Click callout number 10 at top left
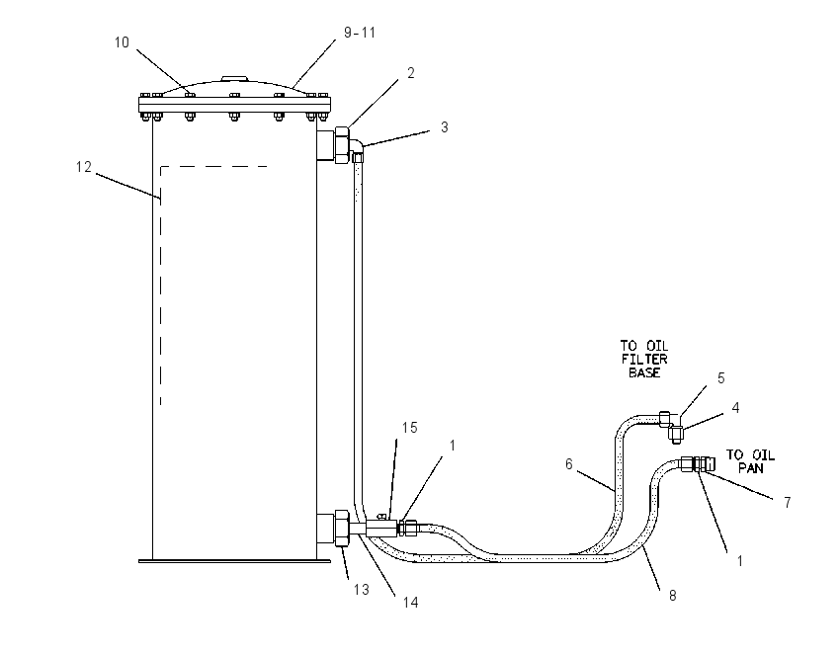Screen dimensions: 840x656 [122, 42]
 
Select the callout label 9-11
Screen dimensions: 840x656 [360, 33]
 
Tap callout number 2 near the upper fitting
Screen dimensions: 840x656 [411, 73]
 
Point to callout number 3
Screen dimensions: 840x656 [444, 127]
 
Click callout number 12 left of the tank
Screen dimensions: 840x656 [84, 167]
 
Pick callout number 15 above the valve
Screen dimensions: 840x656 [410, 428]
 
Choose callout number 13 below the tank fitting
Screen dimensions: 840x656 [362, 590]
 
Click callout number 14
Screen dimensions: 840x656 [410, 603]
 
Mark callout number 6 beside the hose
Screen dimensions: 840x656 [569, 463]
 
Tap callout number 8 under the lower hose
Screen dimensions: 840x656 [672, 596]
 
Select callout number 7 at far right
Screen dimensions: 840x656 [787, 502]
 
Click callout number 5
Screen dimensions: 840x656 [721, 378]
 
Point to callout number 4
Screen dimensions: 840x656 [735, 408]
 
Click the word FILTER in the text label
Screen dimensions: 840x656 [644, 360]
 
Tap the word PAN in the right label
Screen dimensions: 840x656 [750, 468]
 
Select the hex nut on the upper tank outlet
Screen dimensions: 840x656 [342, 144]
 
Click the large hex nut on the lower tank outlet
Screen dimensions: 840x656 [342, 529]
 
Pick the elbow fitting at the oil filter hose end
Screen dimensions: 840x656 [672, 427]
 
